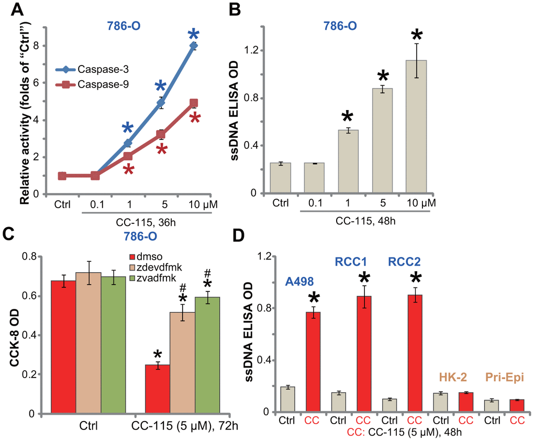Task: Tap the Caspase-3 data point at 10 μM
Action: tap(193, 46)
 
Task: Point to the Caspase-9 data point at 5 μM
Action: tap(161, 135)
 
